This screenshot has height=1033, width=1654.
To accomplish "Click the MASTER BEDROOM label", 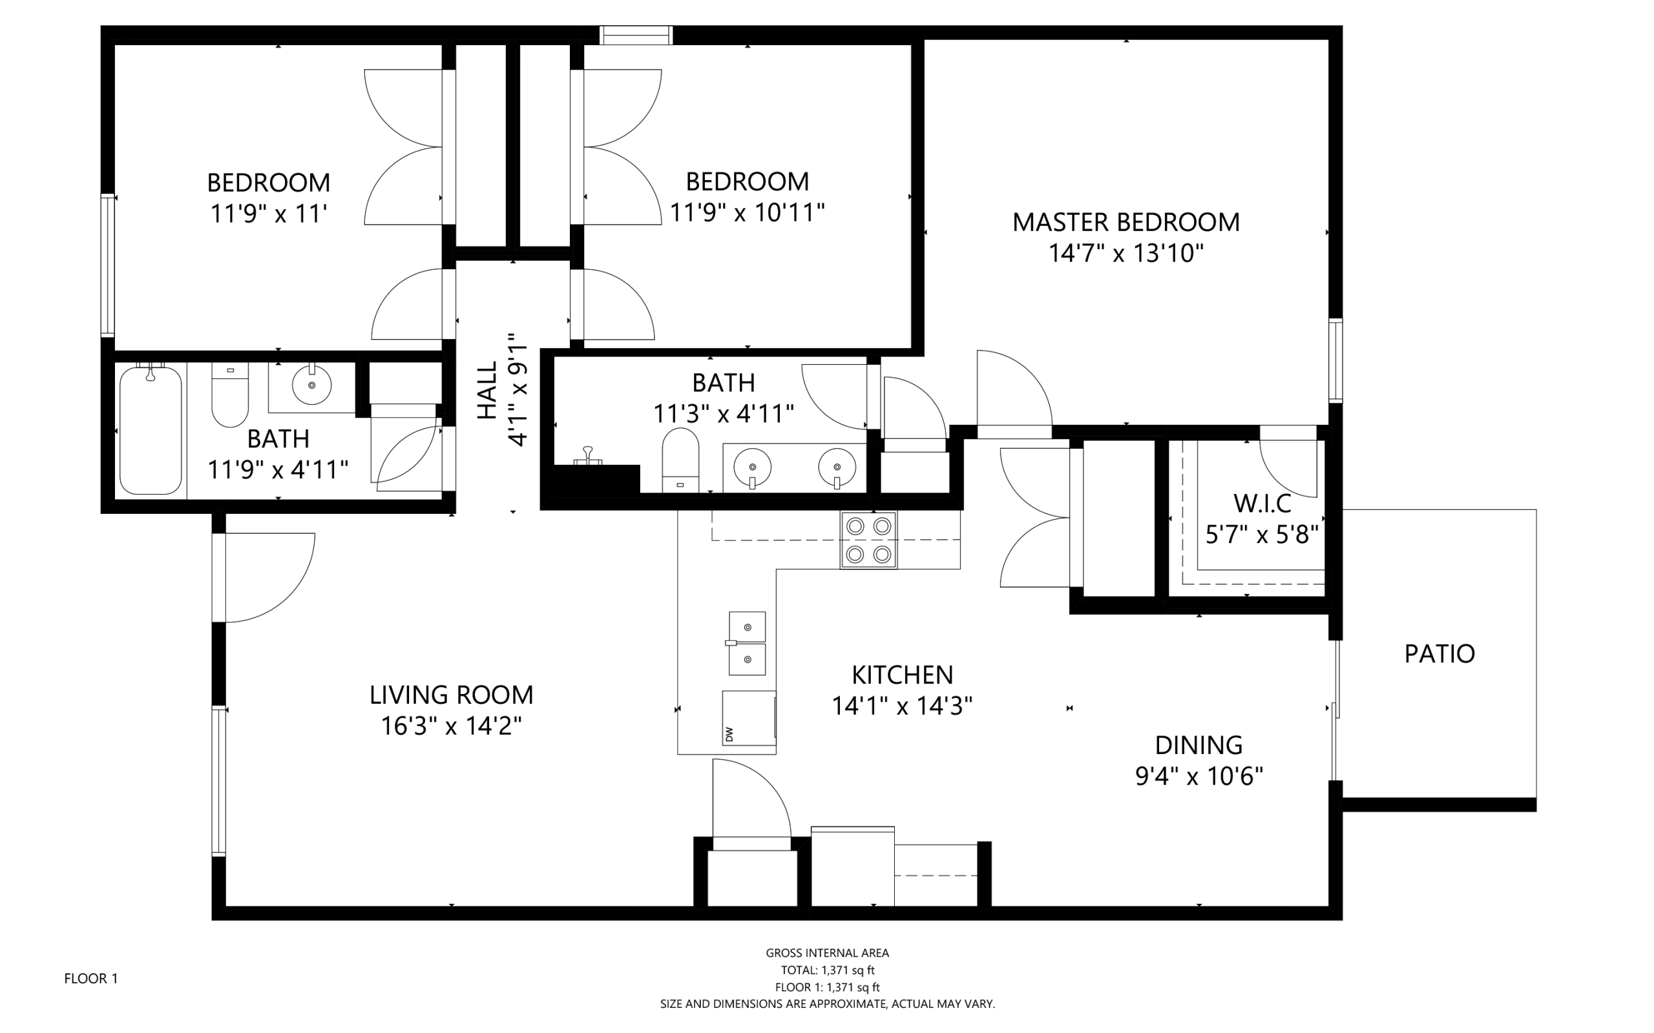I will (1125, 222).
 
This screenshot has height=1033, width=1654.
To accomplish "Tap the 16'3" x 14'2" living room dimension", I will (451, 726).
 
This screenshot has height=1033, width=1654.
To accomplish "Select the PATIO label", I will (1439, 654).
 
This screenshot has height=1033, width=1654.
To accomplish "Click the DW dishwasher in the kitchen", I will (748, 718).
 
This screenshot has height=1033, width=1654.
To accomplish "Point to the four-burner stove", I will (868, 540).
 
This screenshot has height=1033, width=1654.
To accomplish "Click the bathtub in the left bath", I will (151, 430).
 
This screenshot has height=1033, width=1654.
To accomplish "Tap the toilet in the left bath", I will (229, 396).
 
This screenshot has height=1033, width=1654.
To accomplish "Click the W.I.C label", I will (1262, 504).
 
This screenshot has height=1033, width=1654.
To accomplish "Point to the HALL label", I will (487, 390).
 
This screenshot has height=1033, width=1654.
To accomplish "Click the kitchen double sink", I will (746, 643).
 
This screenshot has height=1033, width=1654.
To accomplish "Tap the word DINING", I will (1198, 744).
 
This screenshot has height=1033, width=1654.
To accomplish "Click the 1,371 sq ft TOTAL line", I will (827, 970).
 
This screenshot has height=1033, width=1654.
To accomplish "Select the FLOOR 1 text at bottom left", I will (91, 978).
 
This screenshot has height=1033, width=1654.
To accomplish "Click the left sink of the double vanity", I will (752, 467).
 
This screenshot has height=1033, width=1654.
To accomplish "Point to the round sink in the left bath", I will (311, 385).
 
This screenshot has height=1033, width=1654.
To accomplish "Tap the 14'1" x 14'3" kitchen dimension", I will (901, 706).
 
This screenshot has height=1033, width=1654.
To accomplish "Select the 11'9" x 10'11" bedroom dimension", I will (746, 212).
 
